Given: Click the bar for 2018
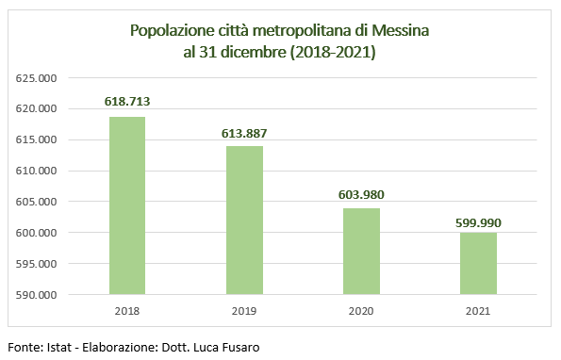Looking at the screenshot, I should [128, 205].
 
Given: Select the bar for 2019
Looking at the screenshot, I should [244, 220].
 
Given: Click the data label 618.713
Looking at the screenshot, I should [128, 101].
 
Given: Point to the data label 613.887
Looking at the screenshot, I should [244, 132].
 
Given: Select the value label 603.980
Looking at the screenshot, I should [361, 194].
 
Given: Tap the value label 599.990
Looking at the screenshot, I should [478, 219].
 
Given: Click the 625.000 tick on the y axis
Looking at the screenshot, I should [37, 78].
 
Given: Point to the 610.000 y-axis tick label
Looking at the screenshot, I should [37, 171].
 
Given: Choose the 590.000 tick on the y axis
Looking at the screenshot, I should [37, 295].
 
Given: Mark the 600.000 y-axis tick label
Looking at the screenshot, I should [37, 233].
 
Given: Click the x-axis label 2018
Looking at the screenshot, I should [128, 310].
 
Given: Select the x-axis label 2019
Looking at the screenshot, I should [244, 310].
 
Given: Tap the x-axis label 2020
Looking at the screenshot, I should [361, 310].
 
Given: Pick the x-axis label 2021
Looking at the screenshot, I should [478, 310].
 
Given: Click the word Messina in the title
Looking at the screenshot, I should [401, 31].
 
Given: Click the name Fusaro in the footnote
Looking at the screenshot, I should [238, 347].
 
